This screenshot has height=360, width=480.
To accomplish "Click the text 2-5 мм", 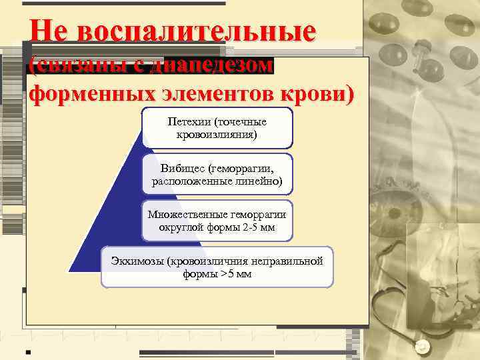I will coord(259,227).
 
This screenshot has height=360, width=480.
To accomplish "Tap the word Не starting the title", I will coord(48,31).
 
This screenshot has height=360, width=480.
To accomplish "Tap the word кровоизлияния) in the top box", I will coord(217,135).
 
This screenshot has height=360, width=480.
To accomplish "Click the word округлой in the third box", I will coord(180,227).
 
